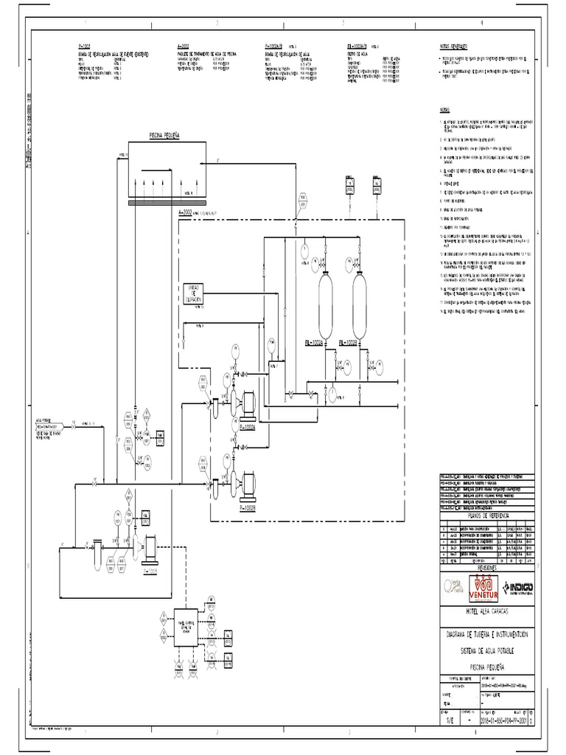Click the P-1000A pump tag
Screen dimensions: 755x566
(x=247, y=427)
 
